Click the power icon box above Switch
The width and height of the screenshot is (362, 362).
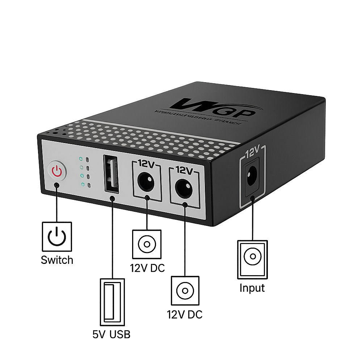(x=57, y=237)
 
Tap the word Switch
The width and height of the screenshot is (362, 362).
(x=57, y=260)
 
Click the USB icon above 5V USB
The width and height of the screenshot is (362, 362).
(x=111, y=301)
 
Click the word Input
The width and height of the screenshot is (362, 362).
(x=252, y=288)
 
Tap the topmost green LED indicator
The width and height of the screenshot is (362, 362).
(x=82, y=159)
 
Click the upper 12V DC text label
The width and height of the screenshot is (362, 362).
(x=147, y=268)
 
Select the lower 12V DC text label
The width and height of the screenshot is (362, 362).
(x=185, y=315)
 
